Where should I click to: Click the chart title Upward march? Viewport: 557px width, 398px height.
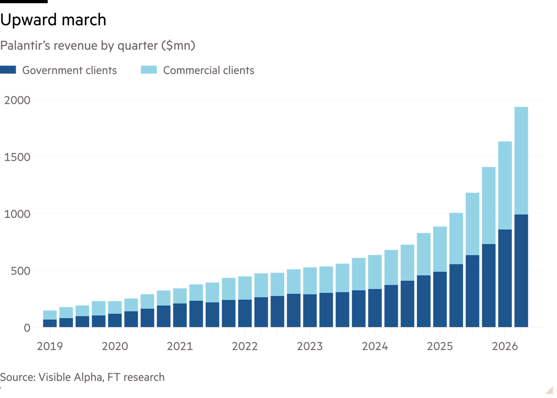pyautogui.click(x=53, y=20)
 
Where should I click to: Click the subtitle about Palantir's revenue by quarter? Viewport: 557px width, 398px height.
pyautogui.click(x=97, y=45)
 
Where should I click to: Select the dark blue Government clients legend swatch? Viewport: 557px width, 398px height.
pyautogui.click(x=8, y=70)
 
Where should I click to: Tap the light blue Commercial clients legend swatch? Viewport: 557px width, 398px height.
pyautogui.click(x=149, y=70)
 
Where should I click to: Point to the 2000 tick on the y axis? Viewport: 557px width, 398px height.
pyautogui.click(x=17, y=100)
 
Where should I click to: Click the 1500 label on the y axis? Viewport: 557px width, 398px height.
pyautogui.click(x=17, y=157)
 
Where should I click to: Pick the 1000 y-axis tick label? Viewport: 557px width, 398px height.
pyautogui.click(x=17, y=214)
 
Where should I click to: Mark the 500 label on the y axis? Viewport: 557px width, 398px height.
pyautogui.click(x=20, y=271)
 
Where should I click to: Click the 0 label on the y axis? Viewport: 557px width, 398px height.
pyautogui.click(x=27, y=328)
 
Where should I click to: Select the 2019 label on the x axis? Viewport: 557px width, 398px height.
pyautogui.click(x=50, y=346)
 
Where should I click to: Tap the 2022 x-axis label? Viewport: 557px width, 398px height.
pyautogui.click(x=245, y=346)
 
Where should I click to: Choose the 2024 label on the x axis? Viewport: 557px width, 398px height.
pyautogui.click(x=375, y=346)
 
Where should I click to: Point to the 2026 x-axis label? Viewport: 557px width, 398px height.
pyautogui.click(x=505, y=346)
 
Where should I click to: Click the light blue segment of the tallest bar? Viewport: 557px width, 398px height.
pyautogui.click(x=521, y=161)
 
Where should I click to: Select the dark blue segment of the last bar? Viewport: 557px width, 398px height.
pyautogui.click(x=521, y=271)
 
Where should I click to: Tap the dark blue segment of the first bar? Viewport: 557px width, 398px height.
pyautogui.click(x=50, y=323)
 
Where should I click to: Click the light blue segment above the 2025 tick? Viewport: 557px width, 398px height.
pyautogui.click(x=440, y=249)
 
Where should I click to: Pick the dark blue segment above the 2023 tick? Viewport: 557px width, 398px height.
pyautogui.click(x=310, y=311)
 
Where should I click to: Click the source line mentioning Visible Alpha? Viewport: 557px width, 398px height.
pyautogui.click(x=82, y=377)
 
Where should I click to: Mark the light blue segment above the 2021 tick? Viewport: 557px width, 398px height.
pyautogui.click(x=180, y=296)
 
